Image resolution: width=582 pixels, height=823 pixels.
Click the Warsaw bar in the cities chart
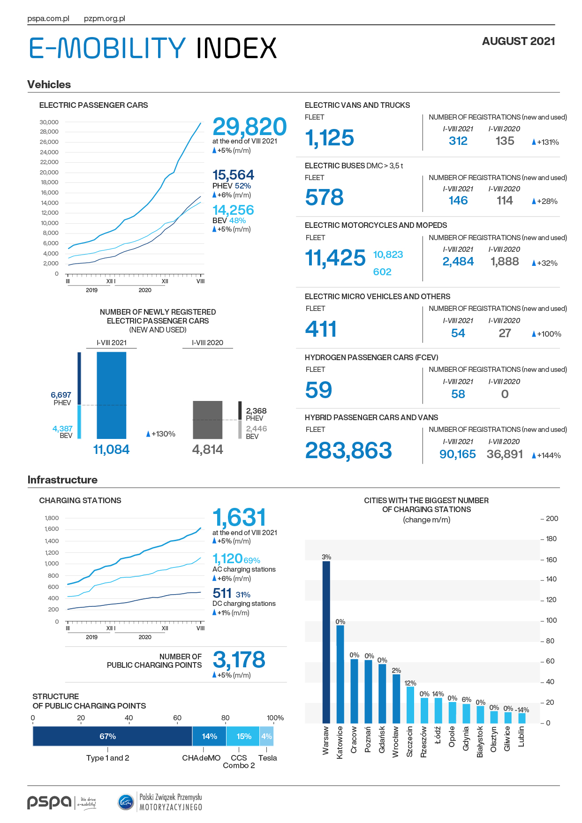coord(326,642)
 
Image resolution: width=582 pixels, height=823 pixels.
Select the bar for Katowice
coord(340,674)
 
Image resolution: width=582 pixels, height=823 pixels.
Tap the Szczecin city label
coord(410,741)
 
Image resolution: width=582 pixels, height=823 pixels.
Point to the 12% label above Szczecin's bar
coord(410,683)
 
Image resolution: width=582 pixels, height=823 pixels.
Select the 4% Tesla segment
coord(266,736)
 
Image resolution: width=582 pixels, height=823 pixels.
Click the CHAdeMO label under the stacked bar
coord(201,758)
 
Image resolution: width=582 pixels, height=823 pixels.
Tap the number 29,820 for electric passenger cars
coord(249,127)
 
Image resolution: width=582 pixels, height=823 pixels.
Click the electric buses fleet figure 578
coord(325,197)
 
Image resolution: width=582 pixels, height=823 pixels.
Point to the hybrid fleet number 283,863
coord(348,451)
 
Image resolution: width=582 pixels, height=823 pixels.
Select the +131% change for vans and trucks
coord(545,142)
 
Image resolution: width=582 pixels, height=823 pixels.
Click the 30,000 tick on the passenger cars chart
coord(49,122)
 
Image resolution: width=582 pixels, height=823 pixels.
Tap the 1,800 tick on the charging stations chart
coord(52,518)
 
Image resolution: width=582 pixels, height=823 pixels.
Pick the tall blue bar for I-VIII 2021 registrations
coord(112,395)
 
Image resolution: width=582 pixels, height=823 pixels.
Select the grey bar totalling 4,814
coord(208,420)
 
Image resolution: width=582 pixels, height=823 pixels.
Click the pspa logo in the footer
coord(49,802)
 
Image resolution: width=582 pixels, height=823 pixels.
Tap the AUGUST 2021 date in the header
coord(519,41)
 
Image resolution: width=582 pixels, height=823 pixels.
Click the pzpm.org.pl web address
coord(105,19)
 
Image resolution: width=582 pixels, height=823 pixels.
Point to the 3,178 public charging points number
coord(239,660)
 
